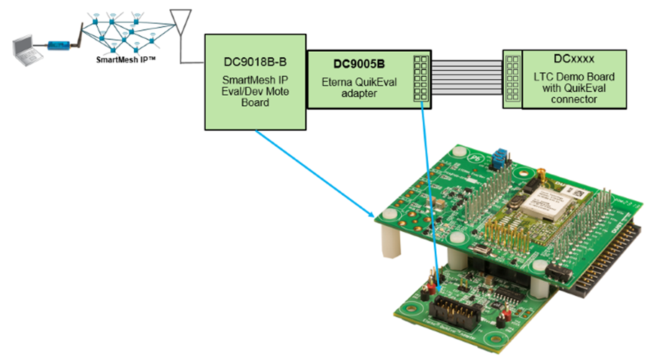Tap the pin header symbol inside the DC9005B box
coord(420,79)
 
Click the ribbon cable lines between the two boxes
coord(467,79)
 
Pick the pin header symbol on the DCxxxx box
coord(512,79)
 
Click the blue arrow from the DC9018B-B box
coord(317,174)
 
